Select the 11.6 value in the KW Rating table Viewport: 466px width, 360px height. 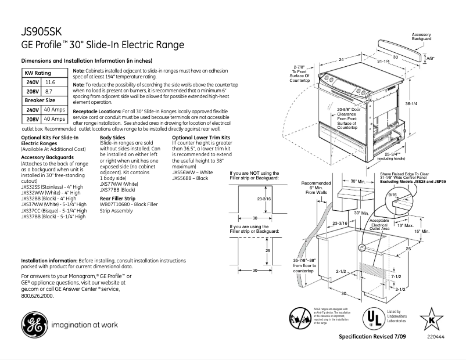click(51, 83)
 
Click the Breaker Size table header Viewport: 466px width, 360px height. click(39, 100)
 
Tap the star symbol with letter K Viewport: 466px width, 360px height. click(431, 319)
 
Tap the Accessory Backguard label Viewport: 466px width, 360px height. click(421, 37)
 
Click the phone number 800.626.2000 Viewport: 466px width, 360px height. click(37, 296)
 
